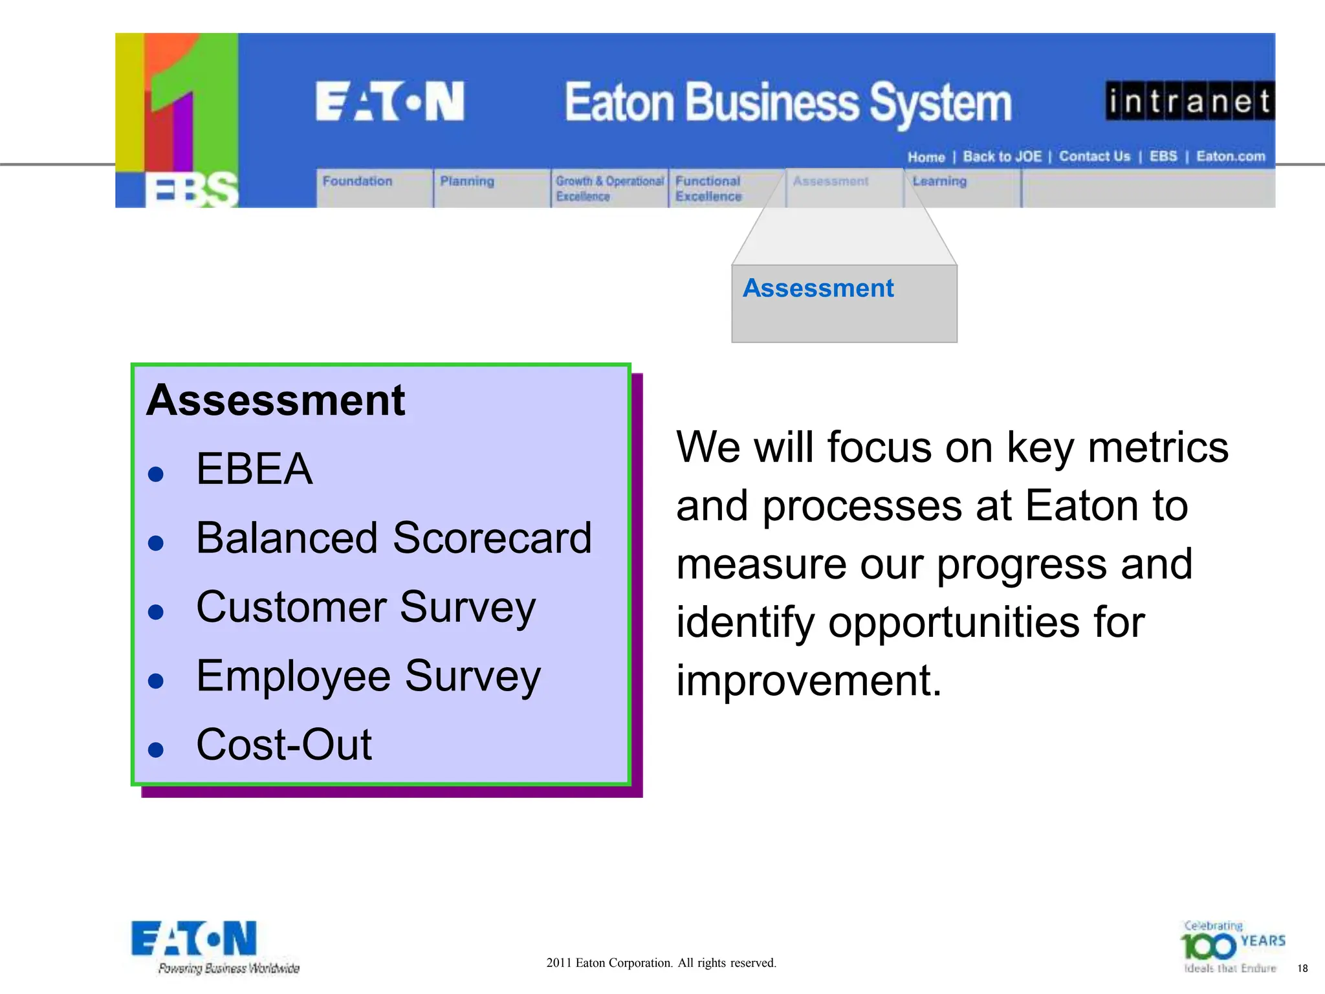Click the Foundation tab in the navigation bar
(x=358, y=182)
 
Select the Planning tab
(x=467, y=182)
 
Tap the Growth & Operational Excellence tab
(x=609, y=188)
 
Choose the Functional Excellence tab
(x=708, y=188)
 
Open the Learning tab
(x=939, y=182)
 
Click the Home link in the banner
(x=926, y=157)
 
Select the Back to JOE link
(x=1002, y=157)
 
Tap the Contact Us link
(x=1094, y=157)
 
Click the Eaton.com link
(x=1231, y=157)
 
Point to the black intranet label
(x=1190, y=101)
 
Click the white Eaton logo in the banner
(x=390, y=102)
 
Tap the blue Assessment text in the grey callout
(x=818, y=288)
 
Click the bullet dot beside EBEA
(x=155, y=474)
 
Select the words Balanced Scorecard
(x=393, y=538)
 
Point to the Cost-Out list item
(x=284, y=744)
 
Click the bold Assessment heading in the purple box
(x=276, y=401)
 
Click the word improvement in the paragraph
(x=809, y=681)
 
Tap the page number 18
(x=1302, y=969)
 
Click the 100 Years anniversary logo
(x=1232, y=947)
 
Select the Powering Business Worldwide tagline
(x=229, y=969)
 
